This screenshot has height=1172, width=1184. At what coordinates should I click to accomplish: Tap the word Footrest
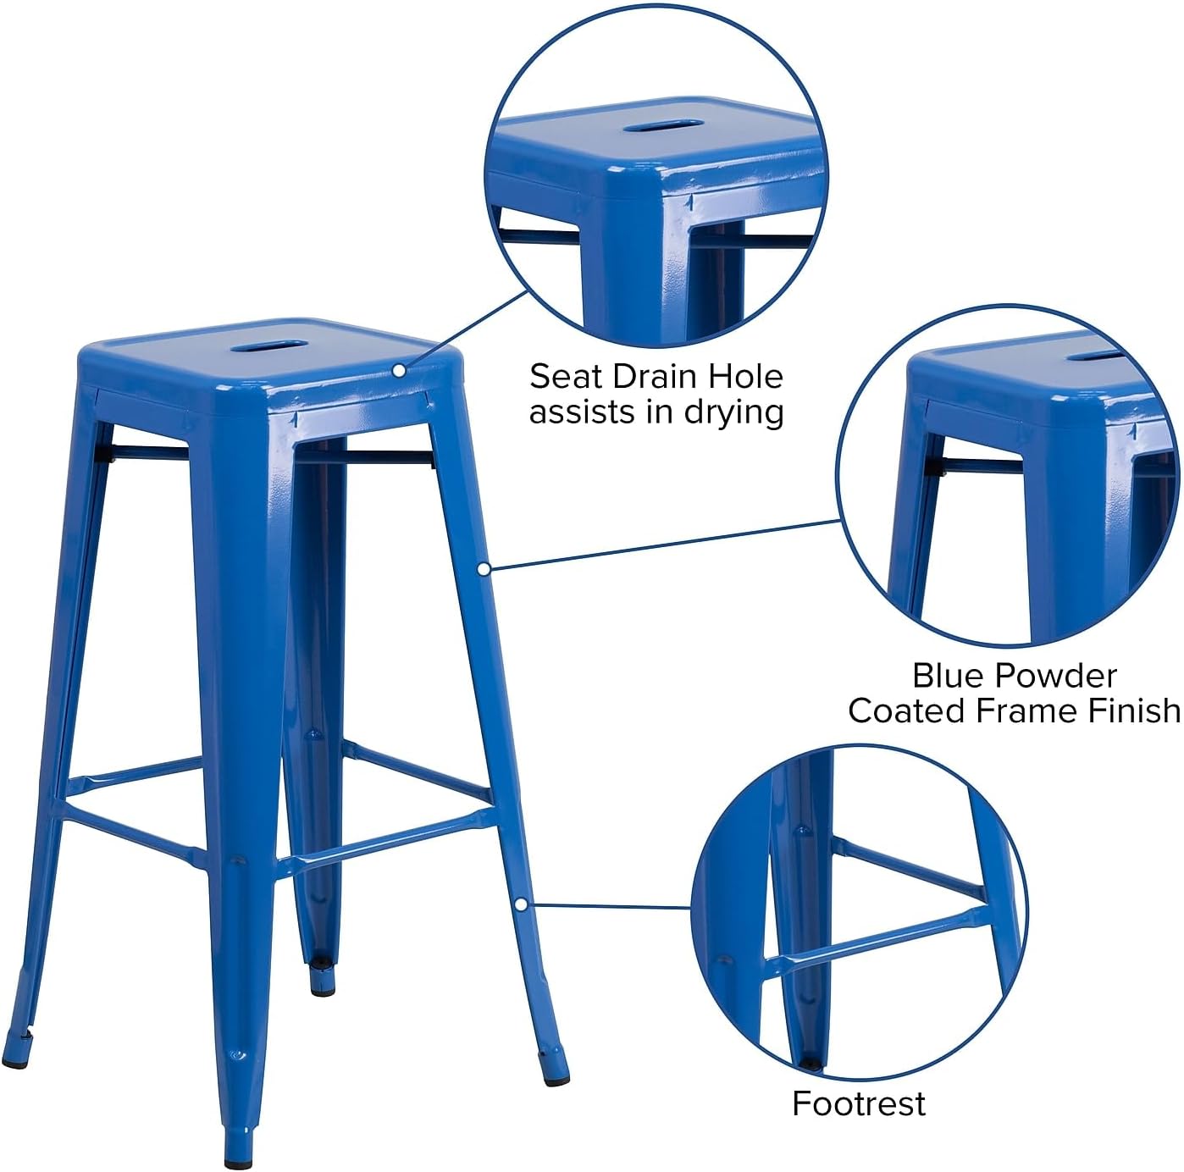[x=859, y=1103]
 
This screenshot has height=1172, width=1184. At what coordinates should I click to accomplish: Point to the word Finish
[x=1134, y=710]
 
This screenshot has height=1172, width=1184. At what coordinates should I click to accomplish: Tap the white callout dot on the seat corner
[x=398, y=370]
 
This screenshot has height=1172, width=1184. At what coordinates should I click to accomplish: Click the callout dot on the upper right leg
[x=484, y=569]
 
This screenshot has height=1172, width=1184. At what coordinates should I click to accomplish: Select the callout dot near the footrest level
[x=522, y=904]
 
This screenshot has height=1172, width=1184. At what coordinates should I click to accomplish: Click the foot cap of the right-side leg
[x=548, y=1055]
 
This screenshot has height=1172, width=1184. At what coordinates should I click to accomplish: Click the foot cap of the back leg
[x=322, y=985]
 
